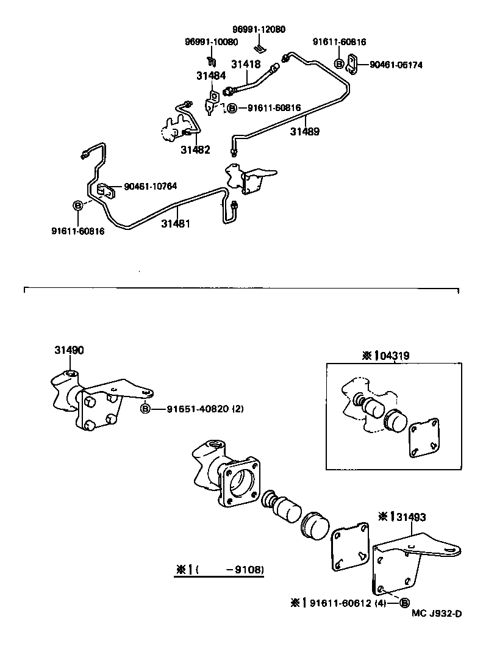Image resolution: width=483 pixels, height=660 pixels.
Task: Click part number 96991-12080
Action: click(259, 29)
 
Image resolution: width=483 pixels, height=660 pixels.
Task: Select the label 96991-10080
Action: click(211, 42)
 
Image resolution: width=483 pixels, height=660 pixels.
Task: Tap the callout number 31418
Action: click(246, 63)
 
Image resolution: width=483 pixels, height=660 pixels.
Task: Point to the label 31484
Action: click(210, 76)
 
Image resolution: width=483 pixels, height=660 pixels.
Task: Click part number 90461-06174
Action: click(396, 64)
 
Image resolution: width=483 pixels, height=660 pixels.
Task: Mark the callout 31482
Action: click(196, 150)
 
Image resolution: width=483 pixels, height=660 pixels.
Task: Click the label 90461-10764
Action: click(151, 186)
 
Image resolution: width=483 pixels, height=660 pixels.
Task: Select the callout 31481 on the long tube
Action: click(176, 224)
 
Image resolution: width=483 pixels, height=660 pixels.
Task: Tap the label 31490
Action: click(70, 350)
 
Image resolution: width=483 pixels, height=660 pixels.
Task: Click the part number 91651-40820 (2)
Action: click(205, 409)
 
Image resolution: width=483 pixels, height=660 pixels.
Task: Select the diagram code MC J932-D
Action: click(436, 613)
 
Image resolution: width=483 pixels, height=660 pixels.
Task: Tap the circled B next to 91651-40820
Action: click(146, 409)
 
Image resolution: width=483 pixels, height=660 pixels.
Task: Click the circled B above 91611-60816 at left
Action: click(77, 206)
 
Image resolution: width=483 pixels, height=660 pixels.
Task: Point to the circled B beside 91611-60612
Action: click(404, 603)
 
